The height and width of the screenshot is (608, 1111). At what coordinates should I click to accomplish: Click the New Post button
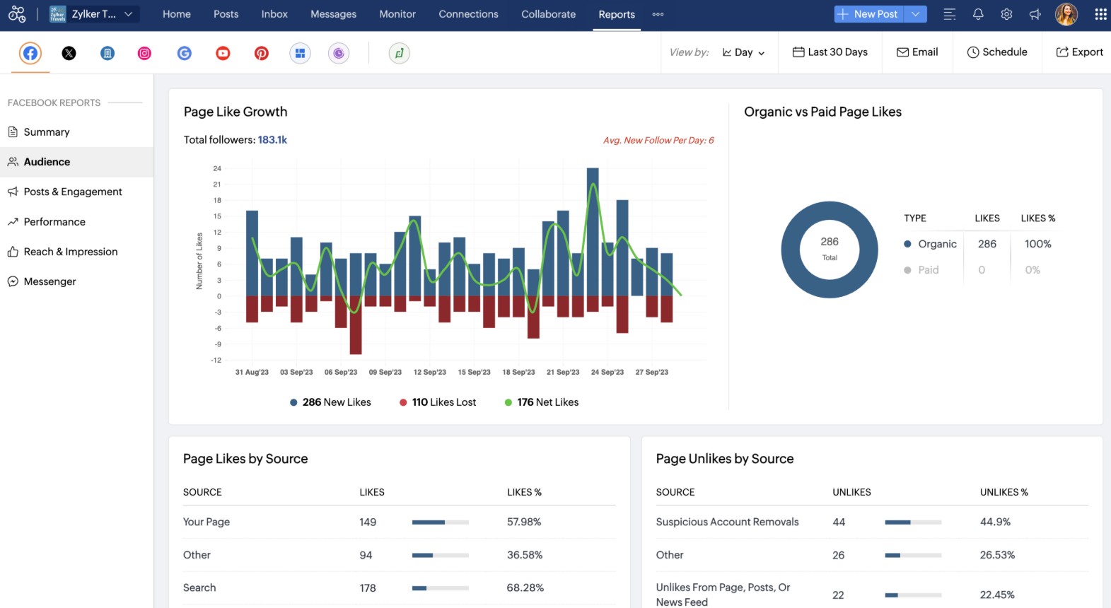(868, 14)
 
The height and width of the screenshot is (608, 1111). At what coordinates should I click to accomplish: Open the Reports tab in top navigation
(616, 14)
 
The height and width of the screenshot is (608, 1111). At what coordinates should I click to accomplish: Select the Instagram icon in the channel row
(144, 53)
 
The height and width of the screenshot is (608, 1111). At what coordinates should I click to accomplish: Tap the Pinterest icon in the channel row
(261, 53)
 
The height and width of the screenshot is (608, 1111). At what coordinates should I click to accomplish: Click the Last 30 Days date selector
(830, 52)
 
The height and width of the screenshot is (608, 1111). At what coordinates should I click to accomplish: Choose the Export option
(1079, 52)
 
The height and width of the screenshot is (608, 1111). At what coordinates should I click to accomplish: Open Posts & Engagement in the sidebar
(72, 192)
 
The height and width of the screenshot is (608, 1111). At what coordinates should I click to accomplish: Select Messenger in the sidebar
(50, 281)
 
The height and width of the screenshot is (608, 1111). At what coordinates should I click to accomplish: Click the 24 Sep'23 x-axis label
(607, 372)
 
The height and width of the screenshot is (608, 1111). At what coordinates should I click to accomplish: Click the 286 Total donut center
(830, 249)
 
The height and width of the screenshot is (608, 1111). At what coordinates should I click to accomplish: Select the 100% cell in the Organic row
(1037, 244)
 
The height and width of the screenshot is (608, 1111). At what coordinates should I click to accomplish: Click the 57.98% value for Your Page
(523, 522)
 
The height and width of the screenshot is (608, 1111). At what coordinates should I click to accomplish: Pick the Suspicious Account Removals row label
(727, 522)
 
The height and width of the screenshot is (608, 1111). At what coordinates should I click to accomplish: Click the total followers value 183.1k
(272, 140)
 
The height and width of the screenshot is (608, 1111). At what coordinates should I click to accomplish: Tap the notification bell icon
(978, 14)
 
